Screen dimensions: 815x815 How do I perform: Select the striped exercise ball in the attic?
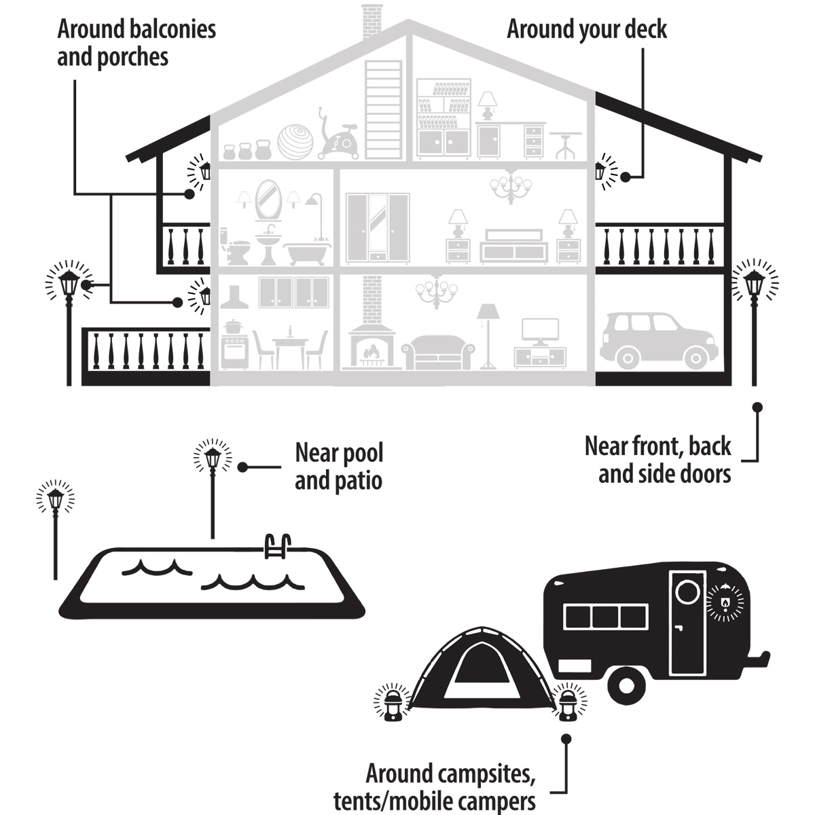pyautogui.click(x=297, y=141)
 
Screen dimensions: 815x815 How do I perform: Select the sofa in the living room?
pyautogui.click(x=438, y=352)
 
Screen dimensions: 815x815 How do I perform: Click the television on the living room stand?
pyautogui.click(x=540, y=329)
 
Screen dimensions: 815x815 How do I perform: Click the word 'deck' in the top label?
pyautogui.click(x=645, y=29)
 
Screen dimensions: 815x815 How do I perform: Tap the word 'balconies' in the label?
pyautogui.click(x=174, y=29)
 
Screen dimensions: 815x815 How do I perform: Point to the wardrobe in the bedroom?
pyautogui.click(x=377, y=228)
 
